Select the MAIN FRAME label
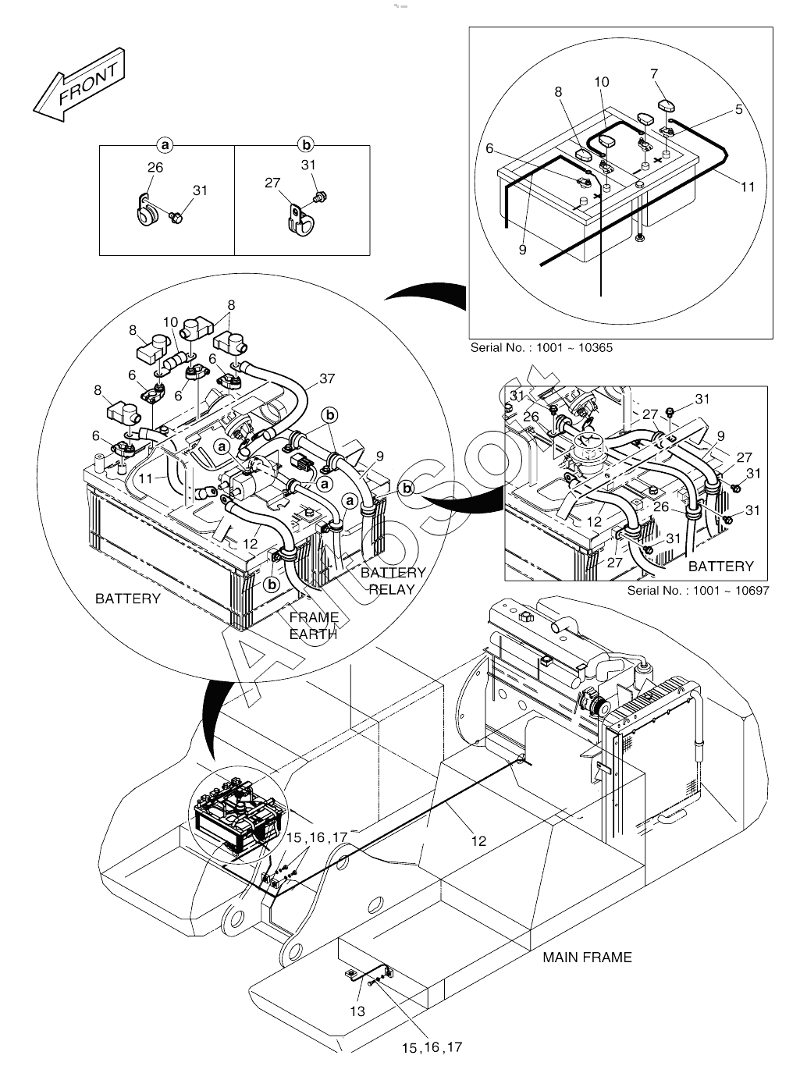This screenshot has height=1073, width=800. coord(587,957)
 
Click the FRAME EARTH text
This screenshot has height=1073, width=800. coord(314,625)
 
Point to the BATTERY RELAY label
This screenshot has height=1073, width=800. coord(393,581)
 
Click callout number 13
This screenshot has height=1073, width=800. coord(357,1011)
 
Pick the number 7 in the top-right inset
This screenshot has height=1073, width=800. coord(654,74)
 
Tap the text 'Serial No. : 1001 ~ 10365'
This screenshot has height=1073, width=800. coord(541,347)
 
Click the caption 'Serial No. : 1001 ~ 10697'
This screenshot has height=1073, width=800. coord(698,590)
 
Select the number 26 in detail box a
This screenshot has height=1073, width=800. coord(155,167)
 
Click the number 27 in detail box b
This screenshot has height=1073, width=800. coord(272,183)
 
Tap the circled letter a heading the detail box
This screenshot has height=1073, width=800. coord(164,144)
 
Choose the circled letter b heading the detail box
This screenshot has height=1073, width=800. coord(306,144)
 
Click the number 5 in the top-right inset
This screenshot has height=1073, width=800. coord(738,110)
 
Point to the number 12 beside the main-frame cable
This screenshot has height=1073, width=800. coord(478,840)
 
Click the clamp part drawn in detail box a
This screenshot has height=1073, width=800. coord(146,211)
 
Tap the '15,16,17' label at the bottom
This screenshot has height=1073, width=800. coord(432,1047)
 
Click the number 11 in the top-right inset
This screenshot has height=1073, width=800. coord(748,187)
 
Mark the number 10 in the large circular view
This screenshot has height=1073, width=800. coord(171,322)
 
